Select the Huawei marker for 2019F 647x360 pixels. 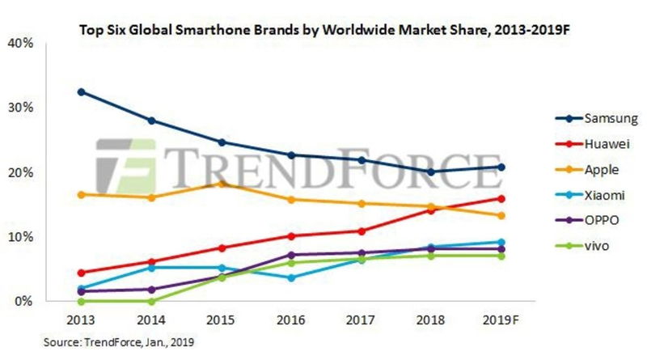click(501, 198)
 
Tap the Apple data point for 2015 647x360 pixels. click(221, 184)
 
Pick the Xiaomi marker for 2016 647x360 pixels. click(291, 277)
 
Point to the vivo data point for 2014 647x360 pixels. click(151, 301)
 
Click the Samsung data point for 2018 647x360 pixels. click(431, 172)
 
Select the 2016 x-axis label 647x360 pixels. click(291, 320)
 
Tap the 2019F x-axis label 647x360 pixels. click(501, 320)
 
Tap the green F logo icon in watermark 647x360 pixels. click(125, 166)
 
